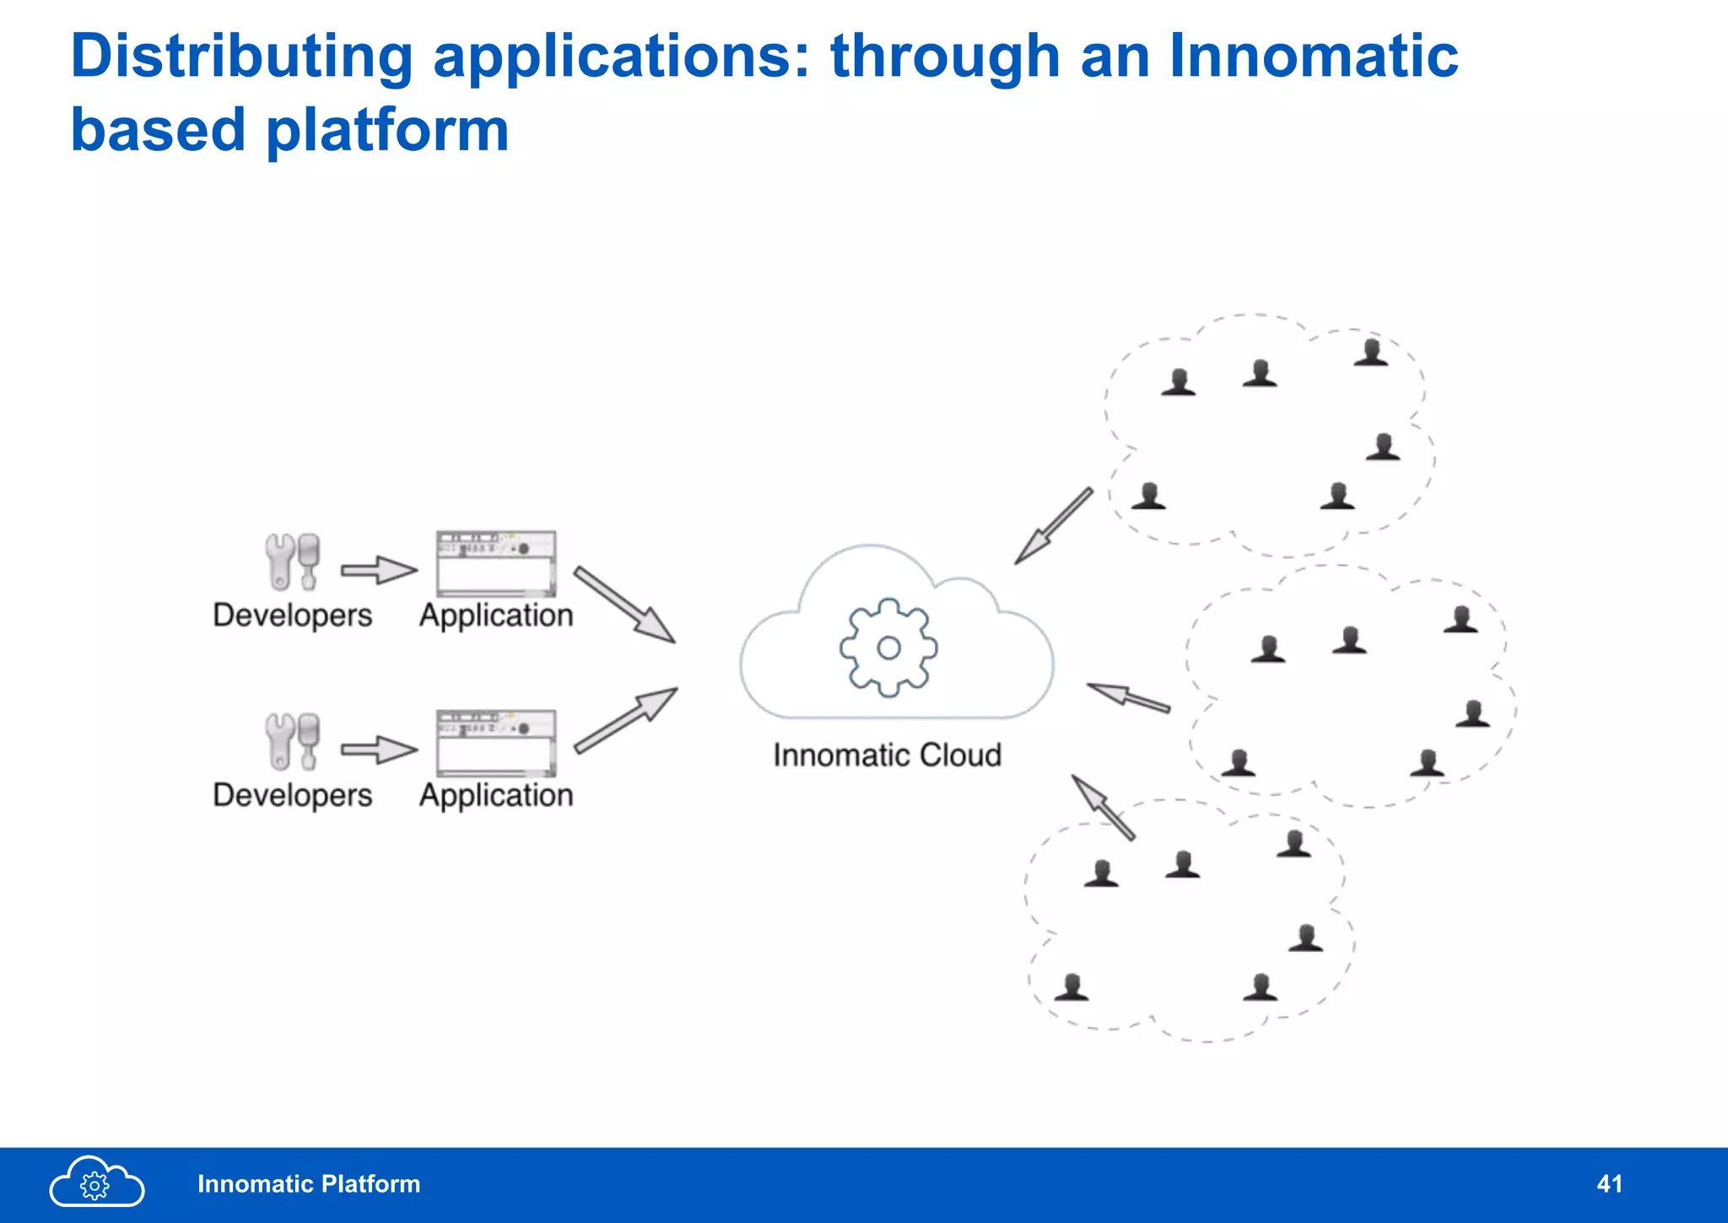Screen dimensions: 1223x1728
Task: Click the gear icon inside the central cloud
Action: (888, 647)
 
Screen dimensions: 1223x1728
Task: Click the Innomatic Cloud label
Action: (887, 755)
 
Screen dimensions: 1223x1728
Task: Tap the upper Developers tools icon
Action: (292, 561)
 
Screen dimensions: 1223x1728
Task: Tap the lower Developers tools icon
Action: (292, 741)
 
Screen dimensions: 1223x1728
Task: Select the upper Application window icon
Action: (496, 563)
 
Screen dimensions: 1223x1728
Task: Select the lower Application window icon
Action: (496, 743)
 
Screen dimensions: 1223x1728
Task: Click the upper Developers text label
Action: (292, 615)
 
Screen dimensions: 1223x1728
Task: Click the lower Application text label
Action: (496, 795)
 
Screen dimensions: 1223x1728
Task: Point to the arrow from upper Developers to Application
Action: (379, 570)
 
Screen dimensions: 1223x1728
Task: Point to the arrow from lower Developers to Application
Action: (379, 749)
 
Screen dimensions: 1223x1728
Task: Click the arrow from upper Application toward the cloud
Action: (625, 605)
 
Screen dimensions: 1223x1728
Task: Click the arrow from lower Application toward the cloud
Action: (626, 719)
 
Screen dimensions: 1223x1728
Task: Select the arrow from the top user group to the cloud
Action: (1053, 526)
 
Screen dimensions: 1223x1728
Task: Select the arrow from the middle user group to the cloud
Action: (1128, 697)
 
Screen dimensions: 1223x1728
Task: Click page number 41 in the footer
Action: (1609, 1184)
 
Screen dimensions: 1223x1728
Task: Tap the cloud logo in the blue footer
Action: (96, 1182)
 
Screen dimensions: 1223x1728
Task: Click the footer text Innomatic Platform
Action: (309, 1184)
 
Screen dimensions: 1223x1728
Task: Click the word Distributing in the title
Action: (241, 57)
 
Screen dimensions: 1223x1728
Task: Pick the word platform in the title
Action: (387, 130)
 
